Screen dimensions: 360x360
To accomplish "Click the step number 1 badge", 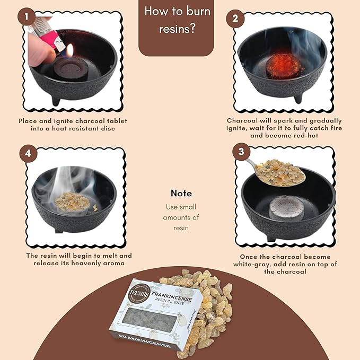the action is pos(27,16).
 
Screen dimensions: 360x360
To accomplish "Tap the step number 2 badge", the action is pos(235,19).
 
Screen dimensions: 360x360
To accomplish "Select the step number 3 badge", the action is pos(241,152).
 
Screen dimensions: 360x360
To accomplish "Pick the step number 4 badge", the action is pos(28,153).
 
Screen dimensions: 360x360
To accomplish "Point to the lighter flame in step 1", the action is pos(70,50).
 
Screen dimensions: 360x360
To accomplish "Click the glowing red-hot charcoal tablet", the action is pos(283,64).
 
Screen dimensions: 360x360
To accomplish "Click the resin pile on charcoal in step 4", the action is pos(72,201).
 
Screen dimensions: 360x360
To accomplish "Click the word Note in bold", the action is pos(181,194).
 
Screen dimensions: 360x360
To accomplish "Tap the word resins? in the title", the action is pos(177,29).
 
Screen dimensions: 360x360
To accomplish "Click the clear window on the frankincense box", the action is pos(149,320).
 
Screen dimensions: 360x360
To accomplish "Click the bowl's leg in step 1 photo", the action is pos(56,101).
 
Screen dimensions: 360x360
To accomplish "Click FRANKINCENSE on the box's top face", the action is pos(171,296).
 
